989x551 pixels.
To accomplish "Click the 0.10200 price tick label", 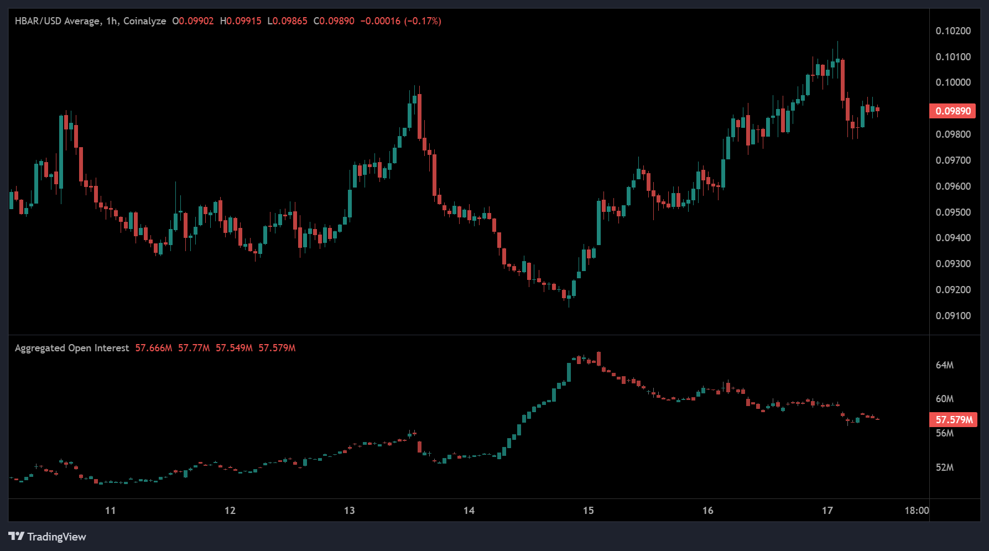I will pos(952,31).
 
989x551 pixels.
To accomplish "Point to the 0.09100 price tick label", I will pos(952,316).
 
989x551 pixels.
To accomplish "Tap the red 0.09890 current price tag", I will pos(952,111).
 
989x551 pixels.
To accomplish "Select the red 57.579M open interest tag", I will pos(954,420).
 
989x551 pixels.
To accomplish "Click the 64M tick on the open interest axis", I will pos(944,365).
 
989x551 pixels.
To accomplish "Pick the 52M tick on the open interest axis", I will pos(944,467).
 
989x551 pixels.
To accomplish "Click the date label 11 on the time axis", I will pos(111,511).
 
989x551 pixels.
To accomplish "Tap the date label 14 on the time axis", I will pos(469,511).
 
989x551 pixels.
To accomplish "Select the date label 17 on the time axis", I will pos(827,511).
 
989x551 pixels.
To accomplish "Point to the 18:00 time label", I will pos(917,511).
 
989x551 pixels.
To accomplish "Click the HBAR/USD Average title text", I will pos(58,21).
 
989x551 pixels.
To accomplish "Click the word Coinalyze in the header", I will pos(144,21).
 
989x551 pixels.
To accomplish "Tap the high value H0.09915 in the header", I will pos(241,21).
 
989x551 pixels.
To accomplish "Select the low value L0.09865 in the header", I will pos(287,21).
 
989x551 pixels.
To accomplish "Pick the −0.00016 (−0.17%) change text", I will pos(400,21).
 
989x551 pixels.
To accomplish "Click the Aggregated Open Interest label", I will pos(72,348).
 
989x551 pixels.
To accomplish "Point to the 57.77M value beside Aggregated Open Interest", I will pos(194,348).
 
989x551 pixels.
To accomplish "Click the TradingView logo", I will pos(48,537).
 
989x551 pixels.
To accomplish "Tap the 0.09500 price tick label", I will pos(952,212).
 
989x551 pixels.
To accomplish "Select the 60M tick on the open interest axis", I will pos(944,399).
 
